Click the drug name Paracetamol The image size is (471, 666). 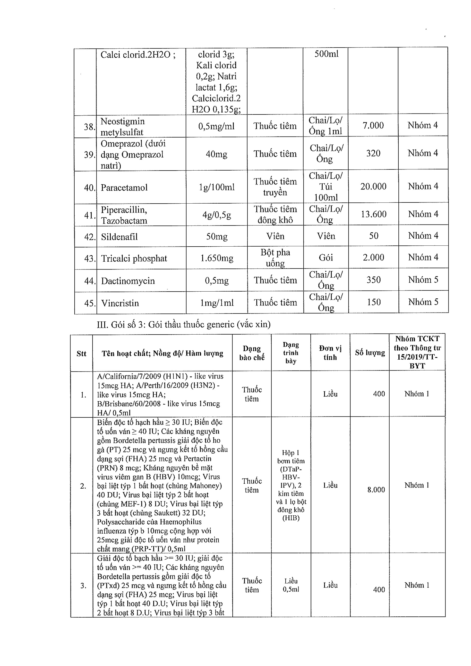pos(124,188)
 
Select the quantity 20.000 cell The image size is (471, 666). pos(373,186)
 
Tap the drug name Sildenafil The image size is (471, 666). pos(119,237)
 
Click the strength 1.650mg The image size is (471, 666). pos(217,258)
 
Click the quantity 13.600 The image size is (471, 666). pos(374,214)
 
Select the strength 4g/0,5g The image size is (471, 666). pos(217,215)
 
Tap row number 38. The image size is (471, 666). pos(89,127)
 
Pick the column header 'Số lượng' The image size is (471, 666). pos(370,353)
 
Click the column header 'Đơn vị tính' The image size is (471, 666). pos(330,353)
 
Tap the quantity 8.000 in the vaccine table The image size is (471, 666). pos(376,490)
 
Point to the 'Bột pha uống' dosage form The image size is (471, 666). pos(275,258)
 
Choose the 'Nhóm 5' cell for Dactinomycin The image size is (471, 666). pos(423,280)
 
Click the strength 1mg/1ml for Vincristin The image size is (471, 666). pos(217,303)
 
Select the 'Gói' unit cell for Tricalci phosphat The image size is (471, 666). pos(326,258)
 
